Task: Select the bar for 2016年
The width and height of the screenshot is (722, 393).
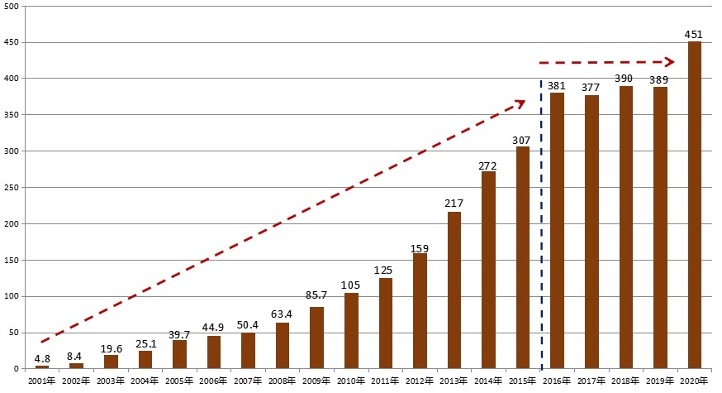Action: [x=557, y=231]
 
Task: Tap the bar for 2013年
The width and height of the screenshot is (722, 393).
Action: [x=454, y=290]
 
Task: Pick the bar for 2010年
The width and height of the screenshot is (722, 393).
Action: [x=351, y=331]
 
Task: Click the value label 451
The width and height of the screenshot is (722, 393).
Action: [x=694, y=35]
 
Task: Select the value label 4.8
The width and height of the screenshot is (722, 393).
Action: [x=41, y=359]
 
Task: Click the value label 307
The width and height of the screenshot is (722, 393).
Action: [x=521, y=140]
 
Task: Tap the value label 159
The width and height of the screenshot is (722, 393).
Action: [x=420, y=247]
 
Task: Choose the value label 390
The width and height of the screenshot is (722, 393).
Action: [x=625, y=79]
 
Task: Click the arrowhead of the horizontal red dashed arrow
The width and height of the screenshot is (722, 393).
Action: [x=671, y=62]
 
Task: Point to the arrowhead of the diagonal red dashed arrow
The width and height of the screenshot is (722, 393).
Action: [x=520, y=103]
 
